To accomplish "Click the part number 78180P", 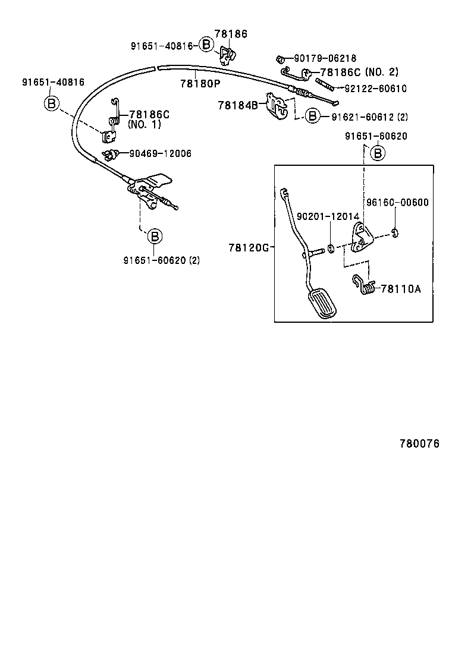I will [200, 83].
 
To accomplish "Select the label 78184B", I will [238, 105].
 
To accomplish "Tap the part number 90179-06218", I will [325, 58].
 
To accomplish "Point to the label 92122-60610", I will [376, 89].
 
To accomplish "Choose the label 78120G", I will [249, 247].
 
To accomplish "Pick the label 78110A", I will [400, 289].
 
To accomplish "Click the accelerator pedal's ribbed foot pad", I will [322, 305].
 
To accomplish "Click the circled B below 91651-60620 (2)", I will [154, 237].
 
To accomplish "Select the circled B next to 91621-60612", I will [313, 117].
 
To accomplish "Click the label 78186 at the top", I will [231, 34].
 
